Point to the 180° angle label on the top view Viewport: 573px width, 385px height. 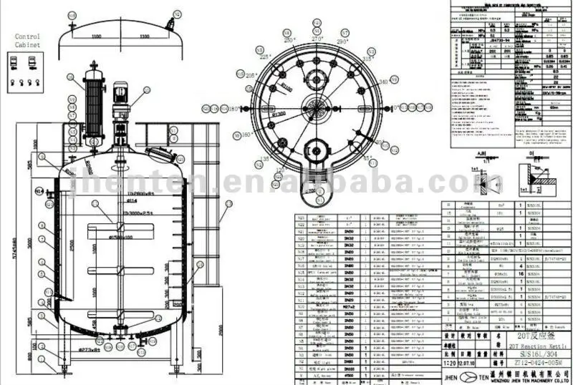click(x=233, y=109)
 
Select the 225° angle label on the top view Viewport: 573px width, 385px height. click(x=264, y=57)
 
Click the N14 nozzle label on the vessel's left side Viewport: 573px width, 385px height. click(x=41, y=190)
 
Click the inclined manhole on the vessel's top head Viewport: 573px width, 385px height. click(x=161, y=154)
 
